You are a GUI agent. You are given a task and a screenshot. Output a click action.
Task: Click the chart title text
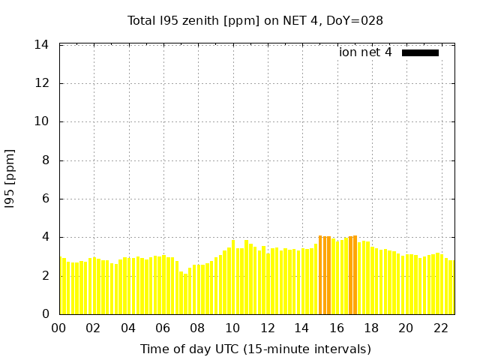[255, 20]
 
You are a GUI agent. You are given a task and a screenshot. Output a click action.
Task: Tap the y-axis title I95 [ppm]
[10, 180]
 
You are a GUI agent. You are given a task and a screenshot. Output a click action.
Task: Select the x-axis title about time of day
[255, 349]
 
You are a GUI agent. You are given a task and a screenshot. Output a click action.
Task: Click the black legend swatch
[420, 52]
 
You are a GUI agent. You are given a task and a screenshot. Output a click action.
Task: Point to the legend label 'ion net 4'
[365, 52]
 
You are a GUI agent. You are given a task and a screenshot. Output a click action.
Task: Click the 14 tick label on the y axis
[42, 45]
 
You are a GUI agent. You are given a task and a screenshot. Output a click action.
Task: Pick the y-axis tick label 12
[42, 83]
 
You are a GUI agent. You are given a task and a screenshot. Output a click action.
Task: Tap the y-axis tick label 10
[42, 121]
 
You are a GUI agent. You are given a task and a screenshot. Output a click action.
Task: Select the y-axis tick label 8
[45, 160]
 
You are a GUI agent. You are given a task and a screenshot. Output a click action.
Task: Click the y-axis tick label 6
[45, 199]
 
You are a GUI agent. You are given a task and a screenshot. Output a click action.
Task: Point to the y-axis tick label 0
[45, 314]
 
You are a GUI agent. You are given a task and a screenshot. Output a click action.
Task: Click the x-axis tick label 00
[58, 328]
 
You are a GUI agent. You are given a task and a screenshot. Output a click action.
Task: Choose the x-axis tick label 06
[163, 328]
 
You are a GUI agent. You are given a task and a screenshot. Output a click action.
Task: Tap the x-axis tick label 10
[232, 328]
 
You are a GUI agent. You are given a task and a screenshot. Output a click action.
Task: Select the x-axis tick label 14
[301, 328]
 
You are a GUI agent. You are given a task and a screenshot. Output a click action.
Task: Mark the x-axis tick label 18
[371, 328]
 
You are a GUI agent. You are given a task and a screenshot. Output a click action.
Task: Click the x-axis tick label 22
[441, 328]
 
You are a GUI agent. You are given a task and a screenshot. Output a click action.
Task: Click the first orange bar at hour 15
[320, 275]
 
